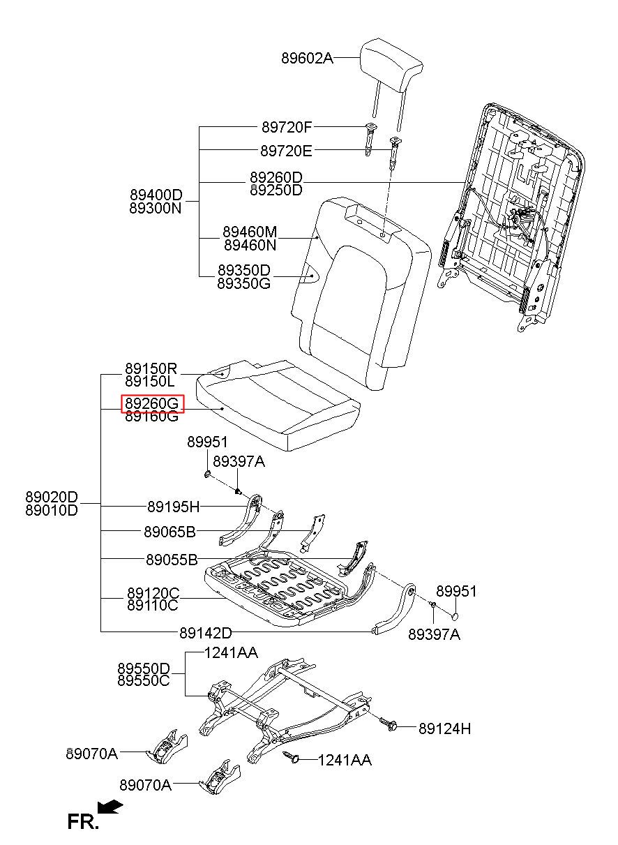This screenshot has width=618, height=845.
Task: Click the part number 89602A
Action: (308, 58)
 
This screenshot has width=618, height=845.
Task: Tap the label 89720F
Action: (287, 128)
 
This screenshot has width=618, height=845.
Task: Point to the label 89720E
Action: (286, 151)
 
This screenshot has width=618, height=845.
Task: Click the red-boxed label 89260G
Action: (152, 403)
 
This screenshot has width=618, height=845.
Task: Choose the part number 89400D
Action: (156, 195)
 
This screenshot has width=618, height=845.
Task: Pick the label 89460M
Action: (250, 232)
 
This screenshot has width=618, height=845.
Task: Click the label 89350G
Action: (244, 283)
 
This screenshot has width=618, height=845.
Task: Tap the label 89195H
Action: (174, 507)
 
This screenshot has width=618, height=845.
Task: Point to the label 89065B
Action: (169, 532)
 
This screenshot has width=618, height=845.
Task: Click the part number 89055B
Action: (172, 560)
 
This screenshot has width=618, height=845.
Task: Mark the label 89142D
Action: (206, 633)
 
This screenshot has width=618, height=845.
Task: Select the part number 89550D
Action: (144, 668)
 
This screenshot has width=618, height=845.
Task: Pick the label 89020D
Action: (52, 496)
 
